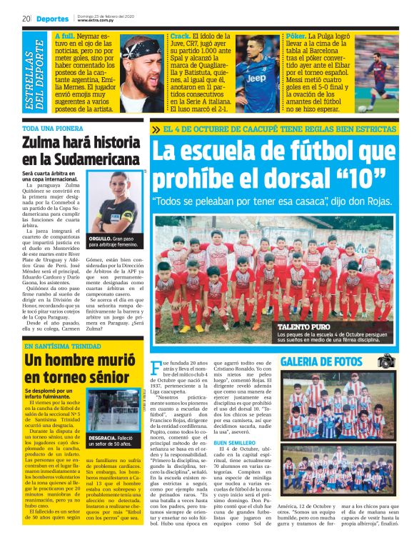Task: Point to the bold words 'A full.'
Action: (65, 35)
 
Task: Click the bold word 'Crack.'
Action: (181, 35)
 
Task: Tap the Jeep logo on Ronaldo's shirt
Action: (256, 76)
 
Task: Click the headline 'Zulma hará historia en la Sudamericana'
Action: (80, 151)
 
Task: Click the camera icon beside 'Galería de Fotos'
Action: (385, 361)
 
